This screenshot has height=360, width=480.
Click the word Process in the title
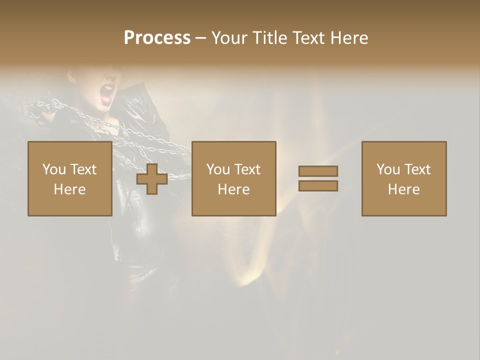pos(157,38)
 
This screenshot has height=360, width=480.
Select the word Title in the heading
pos(269,38)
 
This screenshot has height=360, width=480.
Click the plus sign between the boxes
pos(152,179)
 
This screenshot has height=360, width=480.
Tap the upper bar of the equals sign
pos(318,171)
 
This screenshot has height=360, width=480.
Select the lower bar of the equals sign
pos(318,186)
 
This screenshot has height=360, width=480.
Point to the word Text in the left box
pos(83,169)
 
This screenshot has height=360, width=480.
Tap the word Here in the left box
pos(69,189)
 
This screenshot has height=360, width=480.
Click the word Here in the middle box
pos(233,189)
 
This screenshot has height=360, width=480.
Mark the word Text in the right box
pos(417,169)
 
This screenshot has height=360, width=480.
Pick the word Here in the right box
pos(403,189)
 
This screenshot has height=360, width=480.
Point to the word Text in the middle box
pos(247,169)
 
